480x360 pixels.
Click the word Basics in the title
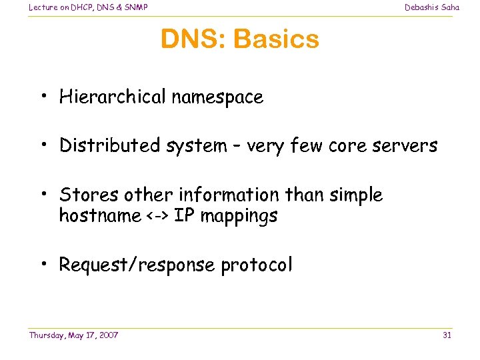click(x=276, y=39)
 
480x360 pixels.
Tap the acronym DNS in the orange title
click(x=193, y=39)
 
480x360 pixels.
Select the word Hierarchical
click(x=112, y=97)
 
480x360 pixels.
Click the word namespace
click(x=217, y=97)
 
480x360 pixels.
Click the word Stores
click(x=83, y=195)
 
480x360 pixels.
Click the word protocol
click(x=256, y=265)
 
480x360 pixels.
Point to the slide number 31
click(x=447, y=335)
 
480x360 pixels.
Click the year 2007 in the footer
click(x=107, y=335)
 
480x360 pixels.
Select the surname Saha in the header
click(x=449, y=7)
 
